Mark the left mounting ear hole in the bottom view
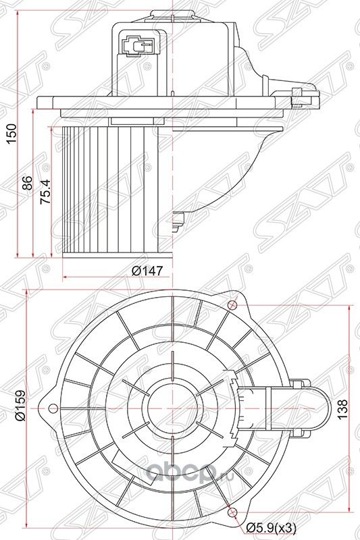point(53,406)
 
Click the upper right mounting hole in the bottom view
point(233,303)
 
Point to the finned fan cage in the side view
point(108,189)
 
